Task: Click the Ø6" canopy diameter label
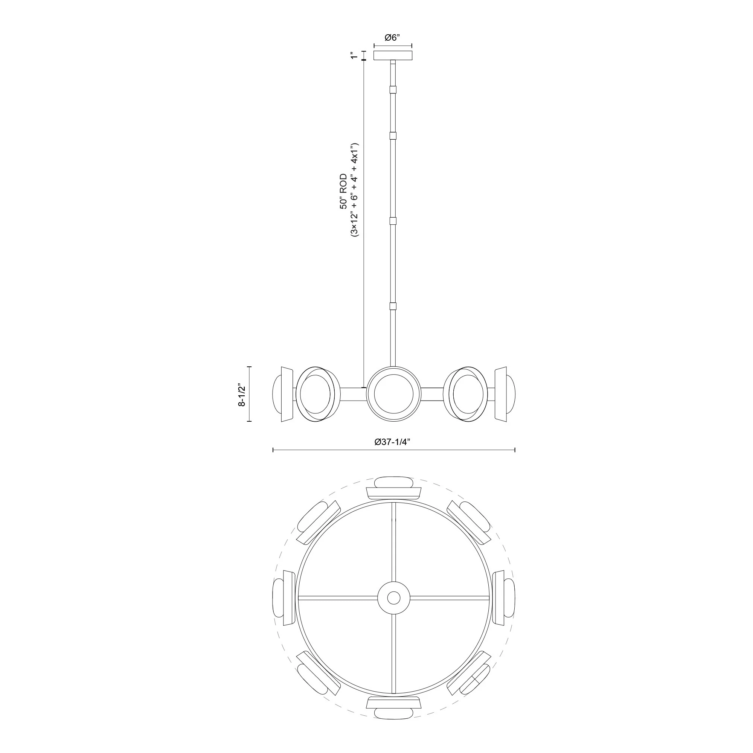click(x=392, y=38)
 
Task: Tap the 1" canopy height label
click(x=354, y=55)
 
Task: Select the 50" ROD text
click(x=343, y=191)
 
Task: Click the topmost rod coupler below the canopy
click(x=393, y=90)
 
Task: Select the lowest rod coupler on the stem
click(x=393, y=306)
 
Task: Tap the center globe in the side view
click(x=394, y=394)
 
